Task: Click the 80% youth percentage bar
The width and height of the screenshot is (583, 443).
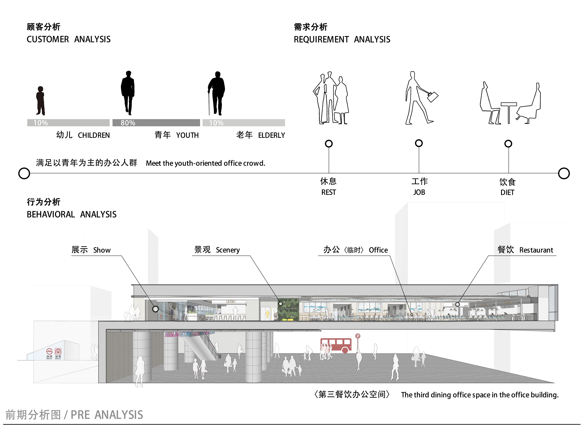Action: point(156,123)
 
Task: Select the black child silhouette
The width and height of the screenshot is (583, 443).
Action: point(40,101)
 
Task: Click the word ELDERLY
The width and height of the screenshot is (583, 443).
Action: point(271,135)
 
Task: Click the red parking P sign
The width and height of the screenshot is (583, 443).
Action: point(358,336)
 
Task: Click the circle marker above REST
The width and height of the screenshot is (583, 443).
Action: point(329,144)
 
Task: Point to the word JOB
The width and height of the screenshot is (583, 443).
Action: point(419,192)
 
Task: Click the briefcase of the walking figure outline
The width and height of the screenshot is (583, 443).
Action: point(432,97)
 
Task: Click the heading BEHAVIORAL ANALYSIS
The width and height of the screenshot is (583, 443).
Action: point(71,214)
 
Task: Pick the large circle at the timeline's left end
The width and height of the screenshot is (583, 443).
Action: point(24,173)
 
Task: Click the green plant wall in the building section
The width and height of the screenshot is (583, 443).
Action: point(288,309)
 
